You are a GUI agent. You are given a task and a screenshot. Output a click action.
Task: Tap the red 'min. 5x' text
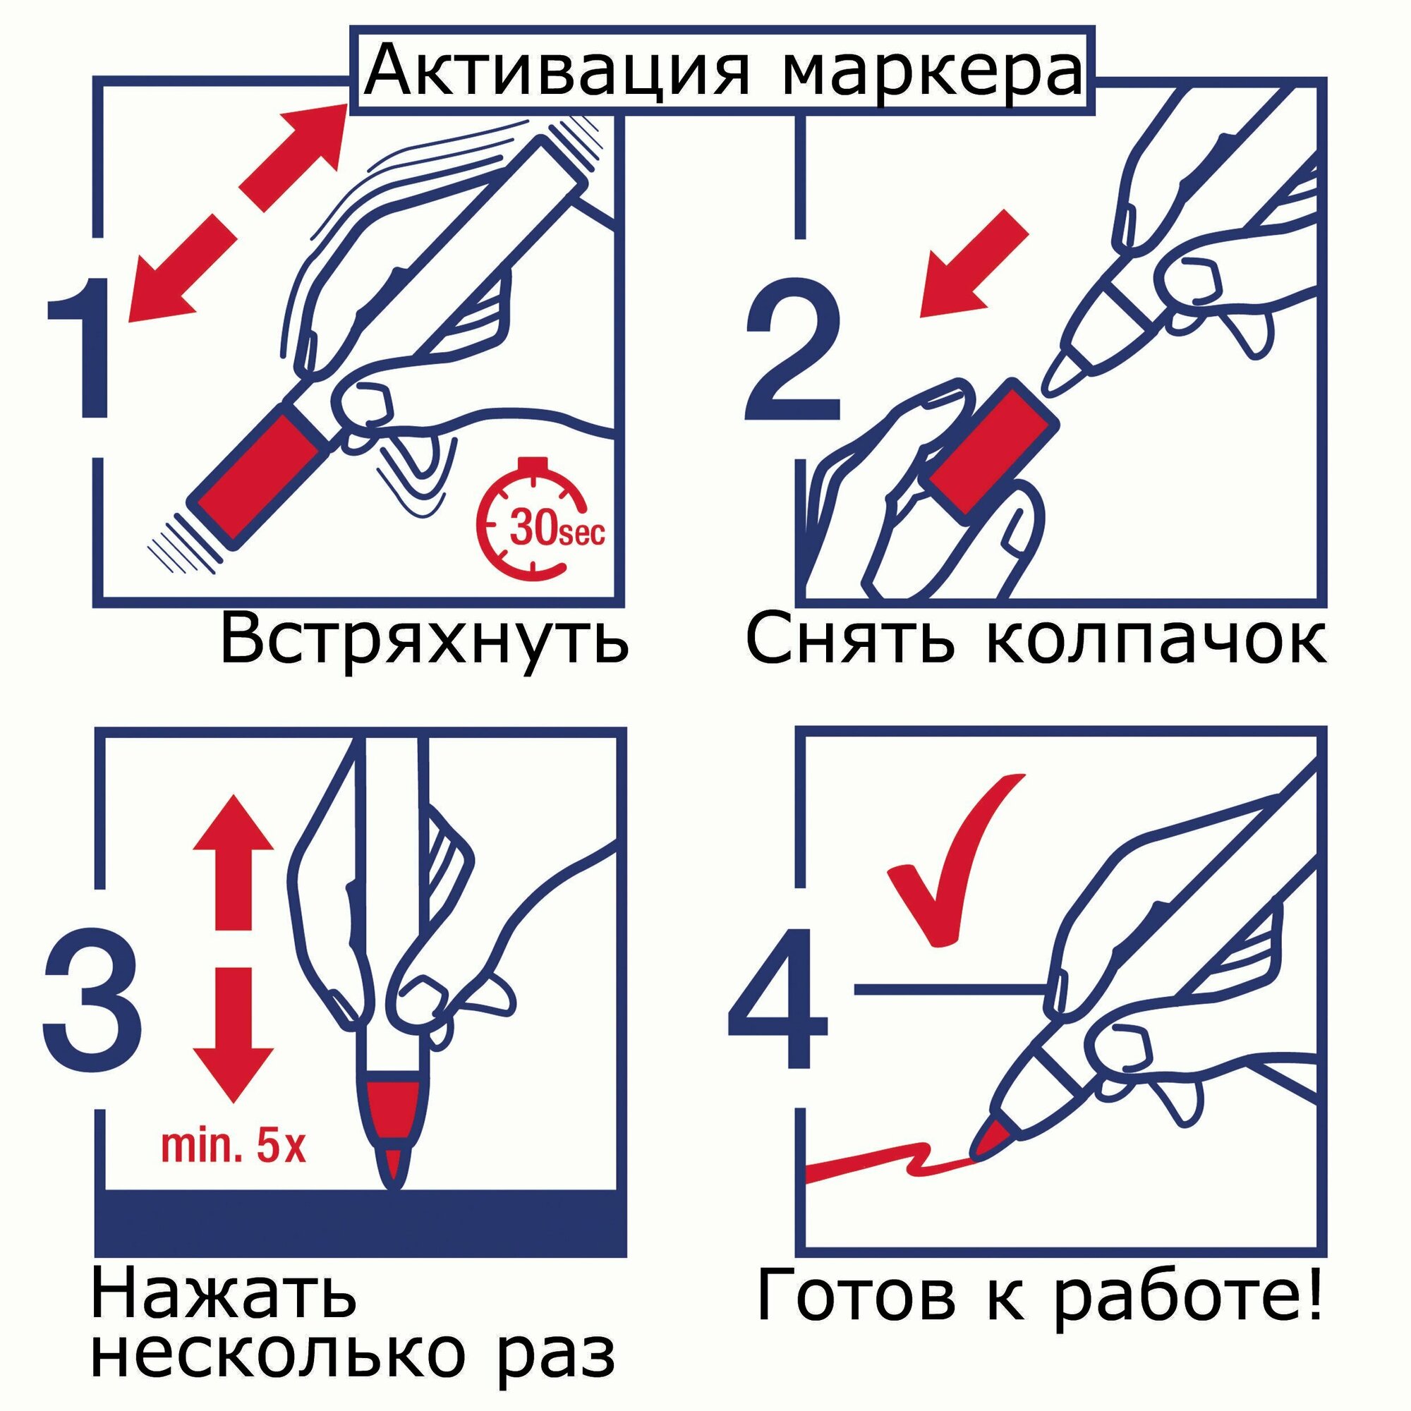tap(233, 1146)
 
